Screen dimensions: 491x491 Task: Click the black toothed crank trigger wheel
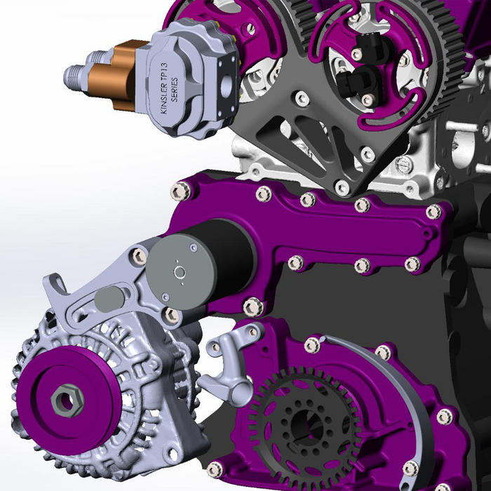coord(295,414)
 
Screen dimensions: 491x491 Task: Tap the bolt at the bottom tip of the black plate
coord(342,187)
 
